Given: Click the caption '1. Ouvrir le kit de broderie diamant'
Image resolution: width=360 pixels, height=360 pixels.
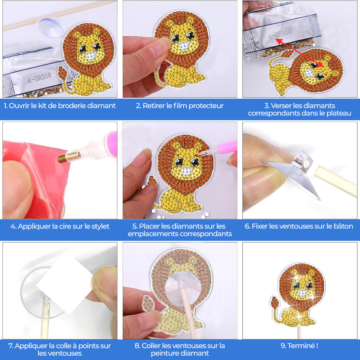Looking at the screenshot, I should click(60, 106).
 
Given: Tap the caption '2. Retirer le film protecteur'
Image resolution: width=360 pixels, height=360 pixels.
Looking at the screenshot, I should click(180, 106).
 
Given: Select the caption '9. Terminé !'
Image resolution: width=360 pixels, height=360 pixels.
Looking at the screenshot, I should click(299, 346).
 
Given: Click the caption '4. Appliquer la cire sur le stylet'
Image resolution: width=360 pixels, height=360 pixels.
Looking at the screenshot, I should click(60, 226).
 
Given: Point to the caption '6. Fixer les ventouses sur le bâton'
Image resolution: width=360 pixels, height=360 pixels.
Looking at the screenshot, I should click(299, 226).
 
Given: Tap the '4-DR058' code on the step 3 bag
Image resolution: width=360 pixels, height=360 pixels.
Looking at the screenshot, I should click(280, 35).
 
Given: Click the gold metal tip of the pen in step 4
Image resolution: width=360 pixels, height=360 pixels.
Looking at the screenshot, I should click(64, 158).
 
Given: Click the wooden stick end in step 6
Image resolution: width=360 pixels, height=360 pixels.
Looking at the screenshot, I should click(335, 182).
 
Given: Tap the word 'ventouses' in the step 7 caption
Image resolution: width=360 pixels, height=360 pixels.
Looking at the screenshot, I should click(60, 353).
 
